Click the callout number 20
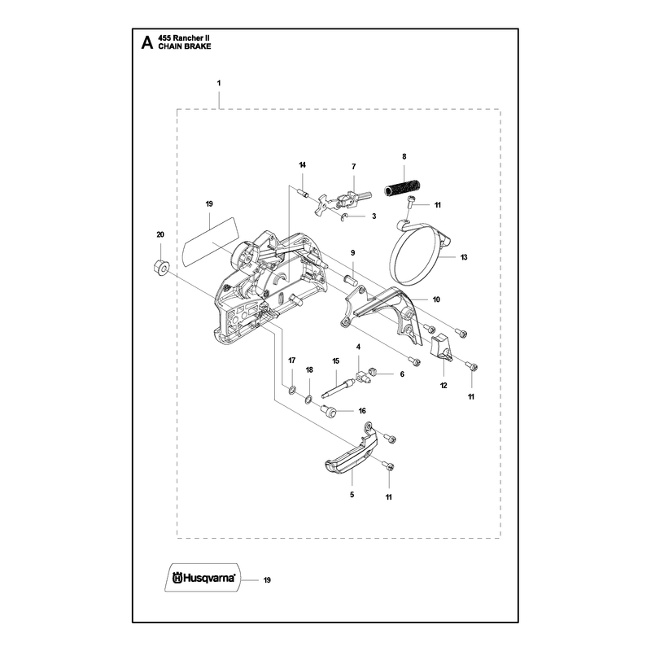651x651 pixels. [x=160, y=234]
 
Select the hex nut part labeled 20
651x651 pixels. [x=159, y=266]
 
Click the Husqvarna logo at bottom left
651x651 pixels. [x=204, y=578]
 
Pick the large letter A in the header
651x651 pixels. [x=147, y=42]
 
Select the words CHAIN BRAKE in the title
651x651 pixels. [x=185, y=46]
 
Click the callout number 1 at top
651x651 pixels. [x=219, y=83]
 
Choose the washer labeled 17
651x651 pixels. [x=292, y=390]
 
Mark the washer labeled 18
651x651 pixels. [x=308, y=400]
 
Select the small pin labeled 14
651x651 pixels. [x=303, y=193]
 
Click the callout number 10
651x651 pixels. [x=436, y=299]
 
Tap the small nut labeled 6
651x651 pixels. [x=374, y=372]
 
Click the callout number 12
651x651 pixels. [x=443, y=386]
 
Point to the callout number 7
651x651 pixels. [x=354, y=167]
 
